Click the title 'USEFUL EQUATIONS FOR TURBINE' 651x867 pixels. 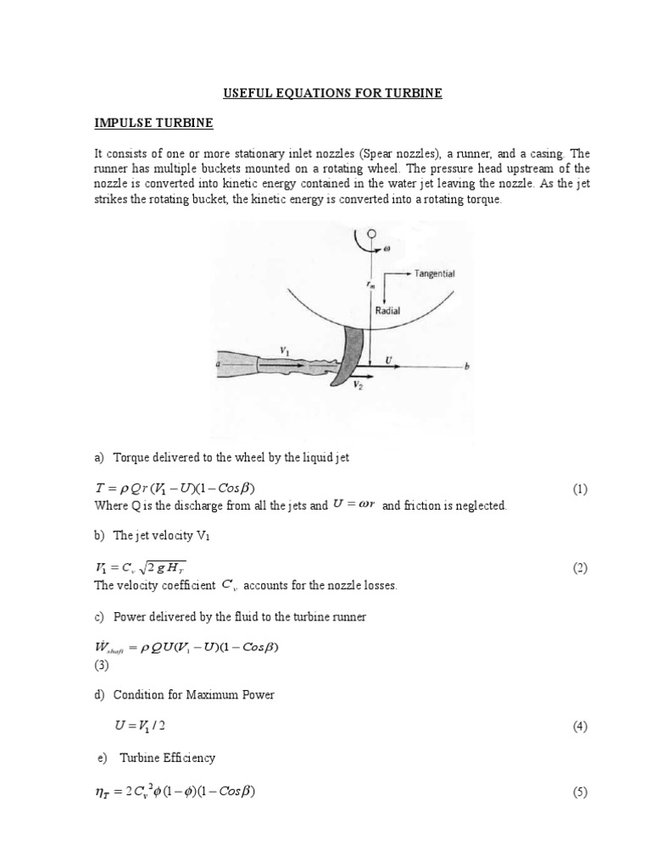pyautogui.click(x=327, y=92)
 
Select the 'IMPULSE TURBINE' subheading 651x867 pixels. pyautogui.click(x=153, y=123)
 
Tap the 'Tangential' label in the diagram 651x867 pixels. pyautogui.click(x=437, y=274)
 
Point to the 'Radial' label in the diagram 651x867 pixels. pyautogui.click(x=388, y=311)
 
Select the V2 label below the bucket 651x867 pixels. pyautogui.click(x=357, y=383)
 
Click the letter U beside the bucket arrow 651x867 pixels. pyautogui.click(x=390, y=360)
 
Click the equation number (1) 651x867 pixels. pyautogui.click(x=579, y=489)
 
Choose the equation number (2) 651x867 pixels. pyautogui.click(x=579, y=568)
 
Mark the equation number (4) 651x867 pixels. pyautogui.click(x=579, y=726)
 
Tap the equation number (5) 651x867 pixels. pyautogui.click(x=579, y=792)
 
